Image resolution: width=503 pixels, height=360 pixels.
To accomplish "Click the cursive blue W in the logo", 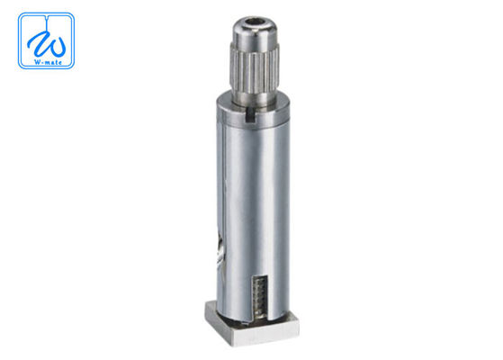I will click(45, 40).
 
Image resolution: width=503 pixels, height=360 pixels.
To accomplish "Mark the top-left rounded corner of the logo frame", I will click(22, 17).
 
